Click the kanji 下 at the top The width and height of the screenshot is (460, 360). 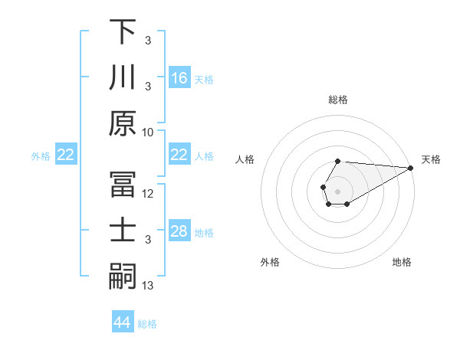click(x=123, y=31)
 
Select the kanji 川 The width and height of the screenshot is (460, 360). click(x=123, y=77)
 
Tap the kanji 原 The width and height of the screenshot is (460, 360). click(x=123, y=123)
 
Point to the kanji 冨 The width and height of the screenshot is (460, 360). click(x=123, y=185)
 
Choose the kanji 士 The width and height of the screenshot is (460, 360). click(x=123, y=231)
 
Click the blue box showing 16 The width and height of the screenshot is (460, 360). click(x=179, y=77)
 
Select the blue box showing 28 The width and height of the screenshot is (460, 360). click(x=179, y=231)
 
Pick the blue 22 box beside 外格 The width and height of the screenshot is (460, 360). click(x=66, y=155)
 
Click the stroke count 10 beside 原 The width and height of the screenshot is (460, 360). click(x=148, y=132)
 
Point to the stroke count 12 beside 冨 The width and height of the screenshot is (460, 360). click(x=148, y=194)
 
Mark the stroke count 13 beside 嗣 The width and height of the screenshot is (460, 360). click(x=148, y=286)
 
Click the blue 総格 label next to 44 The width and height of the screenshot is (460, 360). click(x=147, y=324)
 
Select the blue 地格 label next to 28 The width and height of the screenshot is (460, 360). click(x=204, y=232)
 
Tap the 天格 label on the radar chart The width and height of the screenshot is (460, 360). click(x=431, y=159)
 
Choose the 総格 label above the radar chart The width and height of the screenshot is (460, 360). click(x=338, y=100)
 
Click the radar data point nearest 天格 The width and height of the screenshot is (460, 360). click(x=411, y=168)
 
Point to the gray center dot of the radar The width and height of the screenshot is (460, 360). click(x=338, y=189)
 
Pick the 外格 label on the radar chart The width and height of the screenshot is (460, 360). click(x=270, y=262)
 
